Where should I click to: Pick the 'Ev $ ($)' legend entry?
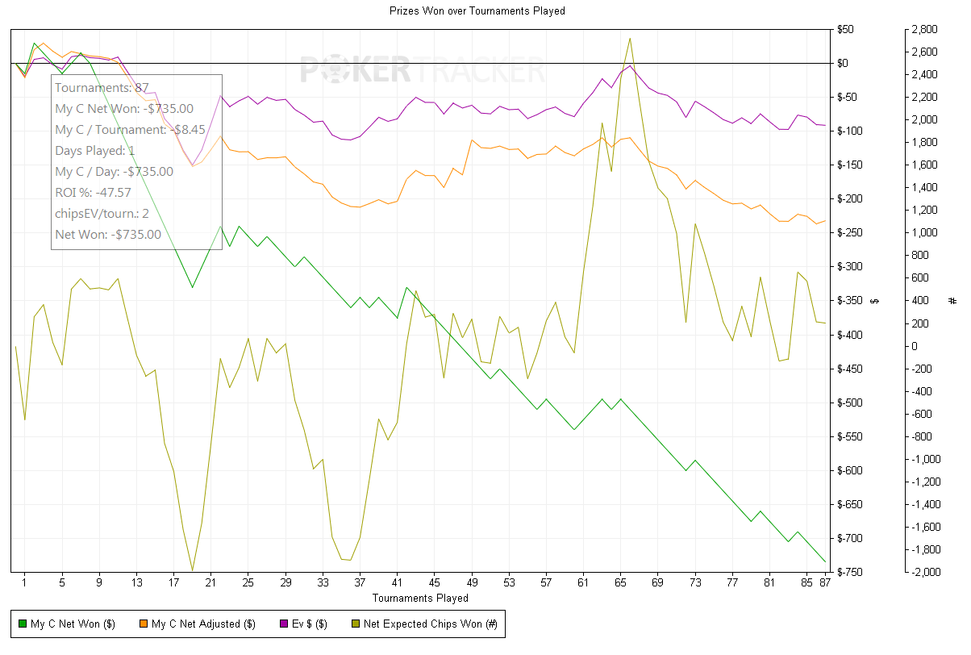point(303,624)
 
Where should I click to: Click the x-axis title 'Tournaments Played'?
point(420,598)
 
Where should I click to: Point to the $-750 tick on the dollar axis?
point(849,572)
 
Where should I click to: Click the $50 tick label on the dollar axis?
point(846,30)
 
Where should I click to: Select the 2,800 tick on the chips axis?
point(923,30)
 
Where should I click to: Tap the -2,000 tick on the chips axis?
point(922,572)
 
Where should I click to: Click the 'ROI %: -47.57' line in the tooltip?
point(93,193)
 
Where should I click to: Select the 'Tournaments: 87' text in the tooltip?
point(102,88)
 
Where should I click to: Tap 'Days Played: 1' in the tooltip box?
point(95,151)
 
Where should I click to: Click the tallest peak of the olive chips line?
point(630,38)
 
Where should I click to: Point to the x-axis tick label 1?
point(24,583)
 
